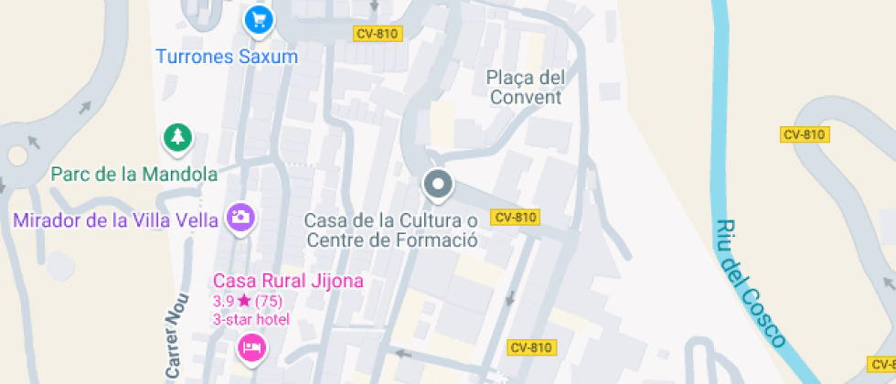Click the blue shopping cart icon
point(259,19)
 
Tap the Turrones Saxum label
point(227,57)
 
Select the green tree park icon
point(177,138)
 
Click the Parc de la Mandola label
point(134,174)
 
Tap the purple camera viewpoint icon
point(241,218)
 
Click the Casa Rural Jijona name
point(288,281)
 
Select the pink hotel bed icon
point(251,347)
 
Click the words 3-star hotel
point(251,319)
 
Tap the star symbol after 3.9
point(244,300)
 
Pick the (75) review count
point(268,300)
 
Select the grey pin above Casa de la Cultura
point(438,186)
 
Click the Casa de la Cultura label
point(391,230)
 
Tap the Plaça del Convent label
point(526,87)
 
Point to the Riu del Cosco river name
point(750,283)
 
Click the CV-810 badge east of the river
point(805,134)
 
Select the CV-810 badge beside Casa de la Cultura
point(515,217)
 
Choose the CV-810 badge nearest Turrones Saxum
point(376,33)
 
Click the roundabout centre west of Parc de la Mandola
point(16,156)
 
